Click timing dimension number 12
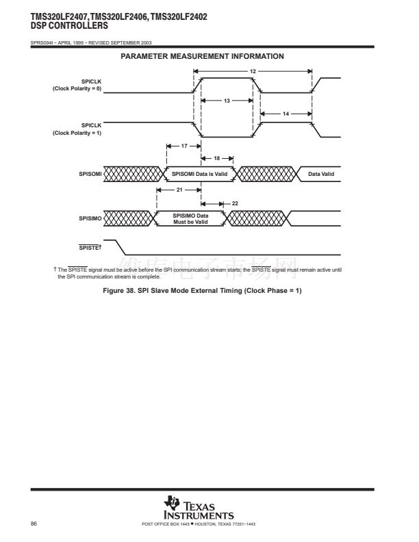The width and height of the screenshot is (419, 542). pos(253,71)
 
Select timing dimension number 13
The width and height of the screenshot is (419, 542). pos(227,101)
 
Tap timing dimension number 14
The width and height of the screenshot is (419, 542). pos(285,113)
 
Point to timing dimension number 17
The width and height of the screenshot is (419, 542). pos(184,146)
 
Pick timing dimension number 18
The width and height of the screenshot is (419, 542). pos(217,158)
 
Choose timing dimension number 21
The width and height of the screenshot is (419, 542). pos(179,190)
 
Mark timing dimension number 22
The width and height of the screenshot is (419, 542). pos(235,203)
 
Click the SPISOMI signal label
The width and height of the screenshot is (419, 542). pos(90,175)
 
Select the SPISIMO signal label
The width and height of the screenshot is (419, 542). pos(90,219)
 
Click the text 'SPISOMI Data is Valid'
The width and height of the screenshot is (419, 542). pos(199,175)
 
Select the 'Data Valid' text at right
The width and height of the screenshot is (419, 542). pos(321,175)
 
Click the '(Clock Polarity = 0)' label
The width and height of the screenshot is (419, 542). pos(77,89)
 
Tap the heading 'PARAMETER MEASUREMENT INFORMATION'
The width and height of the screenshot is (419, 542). pos(202,56)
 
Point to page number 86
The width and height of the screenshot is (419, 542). pos(34,524)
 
